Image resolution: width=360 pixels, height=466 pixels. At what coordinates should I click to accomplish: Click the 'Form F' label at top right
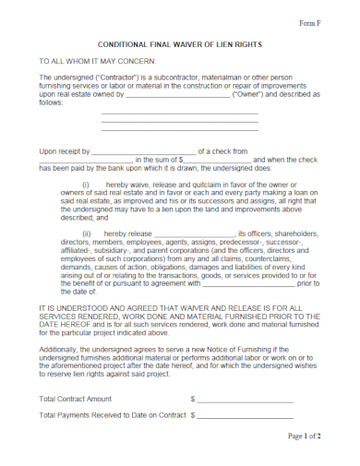(308, 21)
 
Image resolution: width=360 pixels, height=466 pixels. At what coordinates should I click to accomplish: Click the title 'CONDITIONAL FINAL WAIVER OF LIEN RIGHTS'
(180, 43)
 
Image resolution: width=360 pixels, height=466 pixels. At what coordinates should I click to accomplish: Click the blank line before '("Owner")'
(177, 94)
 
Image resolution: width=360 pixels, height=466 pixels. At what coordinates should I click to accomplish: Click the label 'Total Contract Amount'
(76, 399)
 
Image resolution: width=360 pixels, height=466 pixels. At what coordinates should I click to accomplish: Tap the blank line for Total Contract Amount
(245, 399)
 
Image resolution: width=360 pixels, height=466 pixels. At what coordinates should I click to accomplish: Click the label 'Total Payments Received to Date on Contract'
(113, 416)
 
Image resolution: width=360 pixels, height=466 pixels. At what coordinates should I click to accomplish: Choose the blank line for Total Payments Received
(245, 416)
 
